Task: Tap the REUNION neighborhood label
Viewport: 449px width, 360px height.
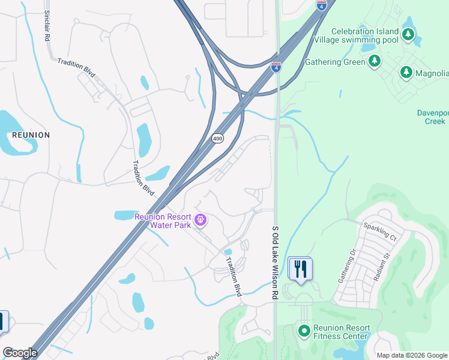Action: pyautogui.click(x=30, y=135)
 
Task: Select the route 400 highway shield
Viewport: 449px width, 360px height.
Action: pyautogui.click(x=218, y=139)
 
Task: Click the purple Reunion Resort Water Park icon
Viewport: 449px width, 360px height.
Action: pyautogui.click(x=200, y=221)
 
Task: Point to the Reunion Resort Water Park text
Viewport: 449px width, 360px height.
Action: pyautogui.click(x=162, y=221)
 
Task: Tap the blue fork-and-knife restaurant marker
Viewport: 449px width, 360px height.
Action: pyautogui.click(x=300, y=268)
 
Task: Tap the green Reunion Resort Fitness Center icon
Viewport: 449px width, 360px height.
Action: pyautogui.click(x=304, y=330)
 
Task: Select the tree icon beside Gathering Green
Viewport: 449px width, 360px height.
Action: pyautogui.click(x=375, y=61)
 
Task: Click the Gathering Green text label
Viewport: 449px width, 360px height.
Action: pyautogui.click(x=335, y=62)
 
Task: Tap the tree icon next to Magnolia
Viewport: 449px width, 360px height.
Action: pyautogui.click(x=406, y=73)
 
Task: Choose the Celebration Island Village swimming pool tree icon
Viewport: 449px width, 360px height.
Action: pyautogui.click(x=408, y=35)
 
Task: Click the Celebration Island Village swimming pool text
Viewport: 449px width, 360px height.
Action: pyautogui.click(x=364, y=35)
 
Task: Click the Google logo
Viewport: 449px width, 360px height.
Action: pyautogui.click(x=20, y=353)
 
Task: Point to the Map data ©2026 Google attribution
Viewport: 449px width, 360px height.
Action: pyautogui.click(x=412, y=355)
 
